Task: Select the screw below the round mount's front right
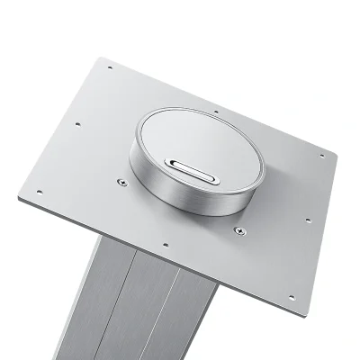click(x=238, y=230)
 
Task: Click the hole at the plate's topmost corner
click(x=110, y=67)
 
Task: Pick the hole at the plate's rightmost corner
click(x=321, y=156)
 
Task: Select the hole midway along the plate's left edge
click(x=78, y=124)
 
